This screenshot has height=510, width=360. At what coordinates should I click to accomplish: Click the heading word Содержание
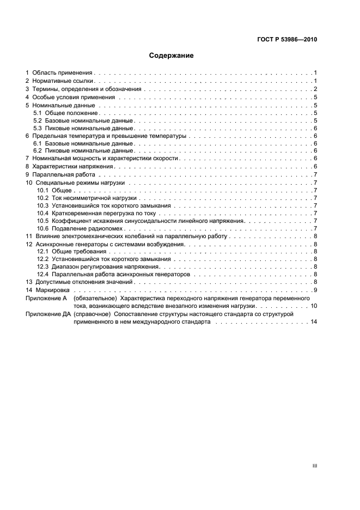(171, 56)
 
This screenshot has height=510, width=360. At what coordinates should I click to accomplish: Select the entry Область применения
(63, 72)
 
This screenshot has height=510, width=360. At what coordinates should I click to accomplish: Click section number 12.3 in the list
(42, 267)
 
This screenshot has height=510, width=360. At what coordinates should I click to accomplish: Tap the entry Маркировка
(51, 290)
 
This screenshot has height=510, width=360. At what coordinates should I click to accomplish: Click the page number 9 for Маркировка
(315, 290)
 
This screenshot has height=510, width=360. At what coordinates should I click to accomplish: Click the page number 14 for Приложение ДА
(313, 322)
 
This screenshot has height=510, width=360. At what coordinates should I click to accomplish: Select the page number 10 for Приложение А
(313, 306)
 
